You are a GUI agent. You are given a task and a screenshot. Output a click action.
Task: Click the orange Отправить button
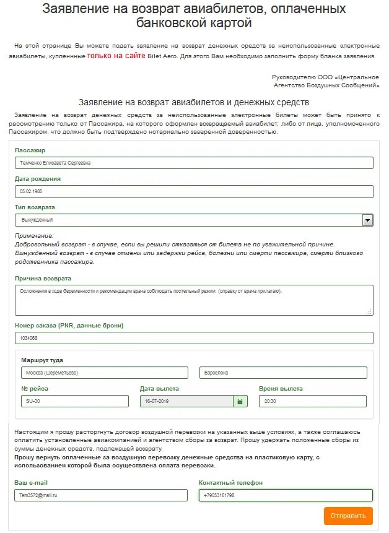tap(348, 516)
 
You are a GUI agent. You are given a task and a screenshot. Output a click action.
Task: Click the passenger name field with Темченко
tap(194, 163)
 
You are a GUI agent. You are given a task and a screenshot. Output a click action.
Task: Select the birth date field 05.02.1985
tap(194, 191)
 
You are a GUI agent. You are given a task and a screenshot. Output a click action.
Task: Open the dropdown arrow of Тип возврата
tap(367, 220)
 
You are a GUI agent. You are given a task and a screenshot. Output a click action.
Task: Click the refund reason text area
tap(194, 300)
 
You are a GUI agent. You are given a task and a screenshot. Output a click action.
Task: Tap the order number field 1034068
tap(194, 338)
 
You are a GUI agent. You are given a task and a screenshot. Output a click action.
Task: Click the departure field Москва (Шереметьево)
tap(104, 373)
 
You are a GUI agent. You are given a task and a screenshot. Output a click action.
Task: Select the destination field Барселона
tap(283, 373)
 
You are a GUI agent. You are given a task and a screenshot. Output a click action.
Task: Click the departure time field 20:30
tap(312, 401)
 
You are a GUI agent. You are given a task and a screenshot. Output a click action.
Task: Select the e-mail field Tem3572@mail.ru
tap(100, 495)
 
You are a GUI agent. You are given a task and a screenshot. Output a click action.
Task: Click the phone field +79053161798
tap(286, 495)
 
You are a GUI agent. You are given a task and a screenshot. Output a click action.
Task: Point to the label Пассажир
tap(30, 150)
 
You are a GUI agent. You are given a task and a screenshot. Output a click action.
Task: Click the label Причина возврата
tap(43, 279)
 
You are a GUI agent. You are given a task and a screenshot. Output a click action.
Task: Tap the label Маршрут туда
tap(42, 360)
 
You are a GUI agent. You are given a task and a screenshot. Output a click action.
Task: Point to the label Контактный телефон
tap(231, 482)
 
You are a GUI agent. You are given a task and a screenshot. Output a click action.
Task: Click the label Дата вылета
tap(159, 389)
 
